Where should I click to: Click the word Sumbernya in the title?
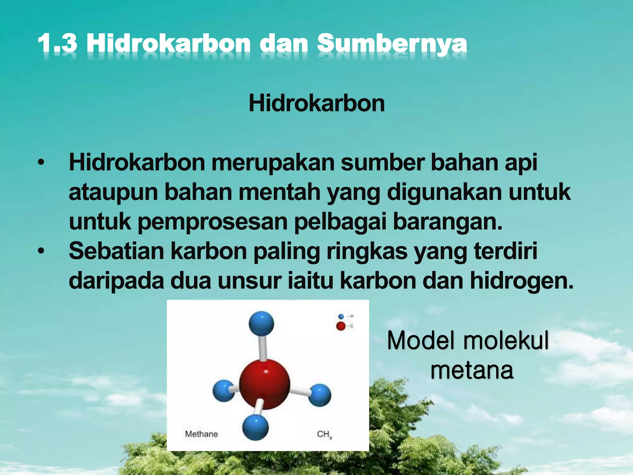392,44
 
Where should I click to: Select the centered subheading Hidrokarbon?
316,103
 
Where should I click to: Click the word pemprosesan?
212,222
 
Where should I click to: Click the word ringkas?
367,251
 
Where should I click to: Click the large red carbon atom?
264,384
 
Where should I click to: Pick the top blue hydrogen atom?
261,323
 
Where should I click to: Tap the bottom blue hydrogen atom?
255,427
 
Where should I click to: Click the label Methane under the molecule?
202,434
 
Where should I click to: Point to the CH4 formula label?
324,434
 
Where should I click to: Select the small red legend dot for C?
341,326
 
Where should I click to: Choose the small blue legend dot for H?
341,316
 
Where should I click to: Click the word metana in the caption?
472,370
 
